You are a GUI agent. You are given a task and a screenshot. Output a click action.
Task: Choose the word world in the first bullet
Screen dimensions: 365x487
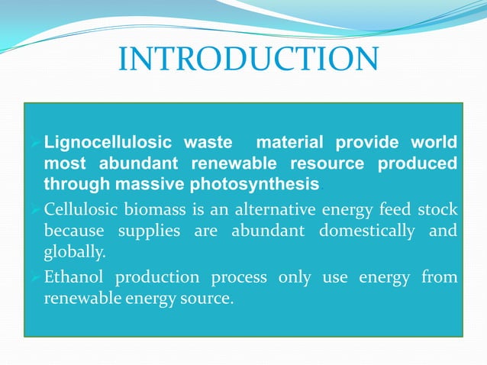point(435,143)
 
